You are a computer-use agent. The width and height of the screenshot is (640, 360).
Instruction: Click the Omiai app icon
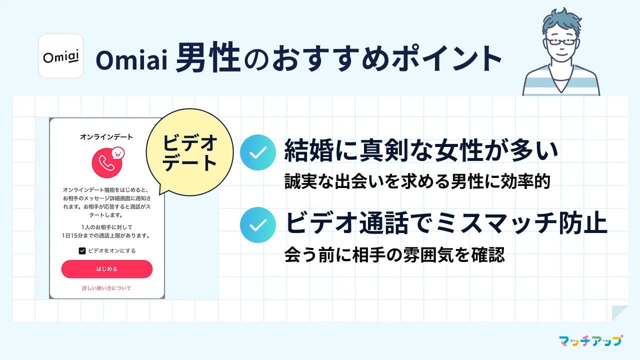tap(61, 56)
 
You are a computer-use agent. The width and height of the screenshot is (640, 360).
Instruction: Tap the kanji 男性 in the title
tap(207, 57)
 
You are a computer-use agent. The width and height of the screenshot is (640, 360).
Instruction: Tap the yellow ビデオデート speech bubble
tap(189, 152)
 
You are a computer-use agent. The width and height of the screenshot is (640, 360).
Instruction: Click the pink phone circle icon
tap(107, 163)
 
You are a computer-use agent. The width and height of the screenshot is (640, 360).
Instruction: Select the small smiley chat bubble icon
tap(117, 153)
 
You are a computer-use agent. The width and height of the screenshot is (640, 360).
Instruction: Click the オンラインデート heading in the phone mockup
tap(106, 137)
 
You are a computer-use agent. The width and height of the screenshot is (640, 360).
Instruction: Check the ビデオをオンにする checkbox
tap(82, 251)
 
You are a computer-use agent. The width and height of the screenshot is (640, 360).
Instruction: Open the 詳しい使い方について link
tap(106, 288)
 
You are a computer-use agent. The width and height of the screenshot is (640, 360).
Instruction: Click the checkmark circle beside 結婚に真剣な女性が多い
tap(258, 152)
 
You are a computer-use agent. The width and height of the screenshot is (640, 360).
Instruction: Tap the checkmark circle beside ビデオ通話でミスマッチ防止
tap(258, 225)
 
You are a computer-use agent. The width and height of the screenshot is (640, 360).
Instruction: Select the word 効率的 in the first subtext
tap(525, 181)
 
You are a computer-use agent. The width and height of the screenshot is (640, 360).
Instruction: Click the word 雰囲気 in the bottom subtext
tap(429, 254)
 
